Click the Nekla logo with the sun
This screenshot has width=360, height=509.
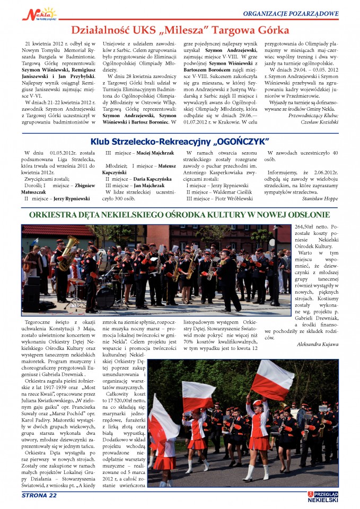click(x=39, y=13)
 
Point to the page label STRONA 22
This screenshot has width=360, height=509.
click(x=39, y=495)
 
